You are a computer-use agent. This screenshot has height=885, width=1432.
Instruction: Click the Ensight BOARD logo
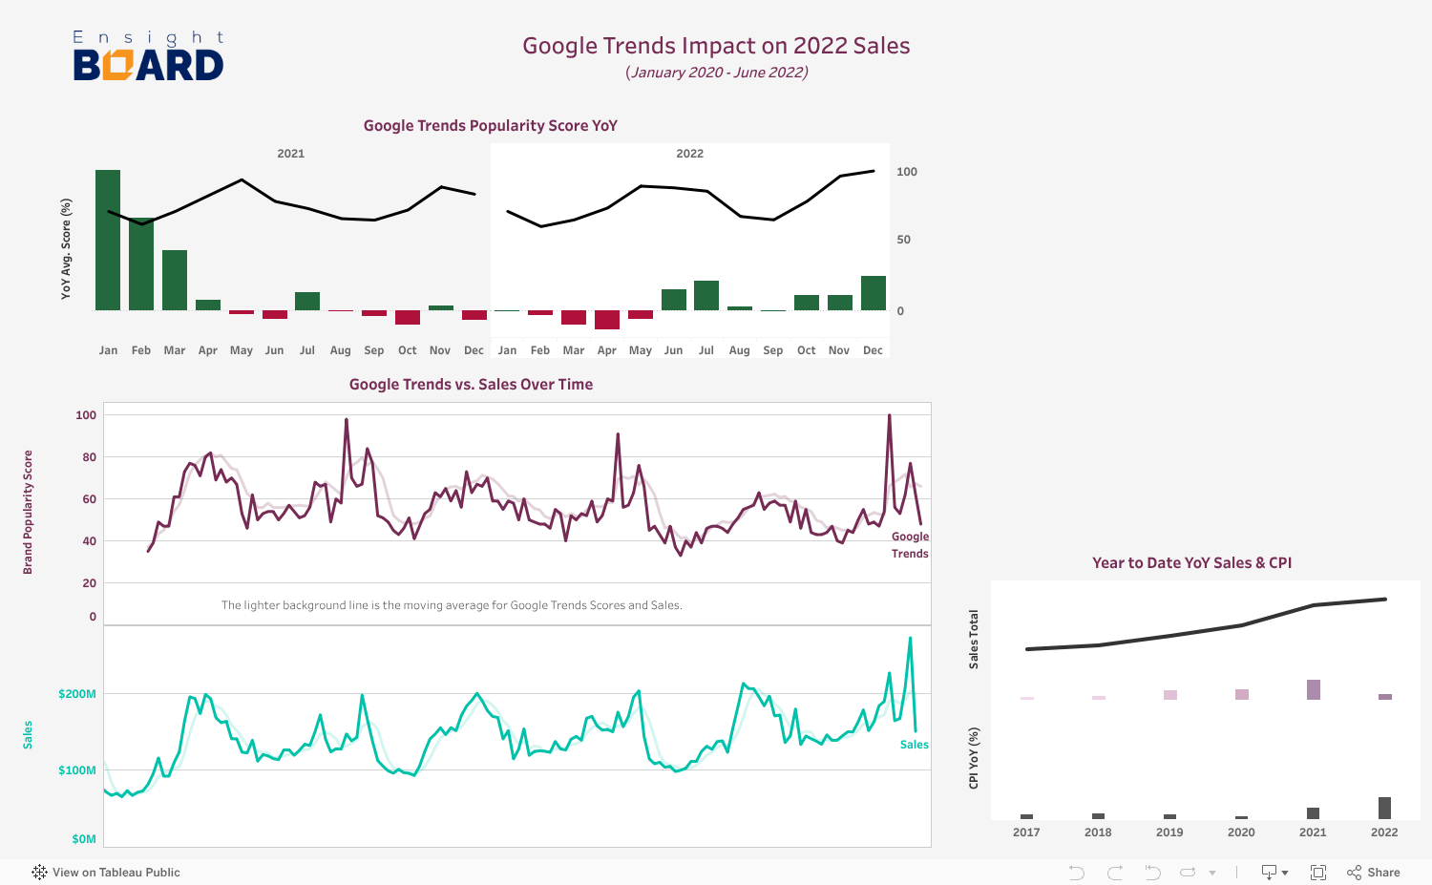tap(148, 55)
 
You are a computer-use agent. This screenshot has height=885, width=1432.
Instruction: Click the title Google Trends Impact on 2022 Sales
tap(716, 46)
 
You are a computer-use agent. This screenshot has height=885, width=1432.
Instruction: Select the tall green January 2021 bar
tap(108, 240)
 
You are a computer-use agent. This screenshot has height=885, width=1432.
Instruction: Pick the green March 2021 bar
tap(175, 280)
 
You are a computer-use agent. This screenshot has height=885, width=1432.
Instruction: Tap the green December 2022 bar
tap(873, 293)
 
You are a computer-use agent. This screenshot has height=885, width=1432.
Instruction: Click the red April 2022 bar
tap(607, 320)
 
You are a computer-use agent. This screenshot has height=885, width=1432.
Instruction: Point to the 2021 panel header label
tap(291, 154)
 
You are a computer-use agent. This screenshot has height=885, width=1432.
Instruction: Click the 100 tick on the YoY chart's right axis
tap(906, 172)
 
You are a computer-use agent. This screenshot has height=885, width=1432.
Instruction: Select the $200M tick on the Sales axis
tap(77, 694)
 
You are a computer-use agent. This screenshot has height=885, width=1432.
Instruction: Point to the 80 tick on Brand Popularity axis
tap(90, 457)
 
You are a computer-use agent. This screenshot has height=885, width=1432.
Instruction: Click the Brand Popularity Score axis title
tap(28, 512)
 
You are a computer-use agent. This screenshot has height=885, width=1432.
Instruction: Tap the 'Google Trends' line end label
tap(910, 545)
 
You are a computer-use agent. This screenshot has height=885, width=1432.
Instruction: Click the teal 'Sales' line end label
tap(914, 745)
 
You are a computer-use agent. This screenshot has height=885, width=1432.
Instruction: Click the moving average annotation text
tap(452, 605)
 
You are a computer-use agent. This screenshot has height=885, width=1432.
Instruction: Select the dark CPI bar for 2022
tap(1384, 808)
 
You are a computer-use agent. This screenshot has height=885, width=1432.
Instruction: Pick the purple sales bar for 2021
tap(1314, 689)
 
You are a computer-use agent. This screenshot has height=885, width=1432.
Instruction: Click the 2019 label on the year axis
tap(1169, 832)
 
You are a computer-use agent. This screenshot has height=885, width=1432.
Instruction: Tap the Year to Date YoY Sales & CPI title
tap(1191, 563)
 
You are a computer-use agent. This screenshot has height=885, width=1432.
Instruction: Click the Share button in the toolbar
tap(1374, 873)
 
